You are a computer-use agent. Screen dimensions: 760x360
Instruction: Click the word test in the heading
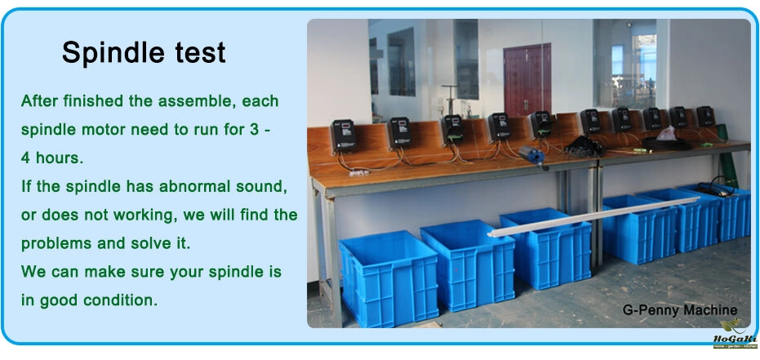pyautogui.click(x=201, y=53)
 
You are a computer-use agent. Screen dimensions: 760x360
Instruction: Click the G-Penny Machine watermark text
pyautogui.click(x=679, y=310)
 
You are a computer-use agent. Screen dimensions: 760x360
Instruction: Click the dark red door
pyautogui.click(x=527, y=79)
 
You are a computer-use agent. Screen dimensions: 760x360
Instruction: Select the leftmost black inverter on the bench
pyautogui.click(x=343, y=136)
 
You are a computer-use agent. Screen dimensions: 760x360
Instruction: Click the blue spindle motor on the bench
pyautogui.click(x=531, y=158)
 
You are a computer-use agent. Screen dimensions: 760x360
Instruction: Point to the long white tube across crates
pyautogui.click(x=593, y=216)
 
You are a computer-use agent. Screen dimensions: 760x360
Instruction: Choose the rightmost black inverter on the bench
pyautogui.click(x=705, y=116)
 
